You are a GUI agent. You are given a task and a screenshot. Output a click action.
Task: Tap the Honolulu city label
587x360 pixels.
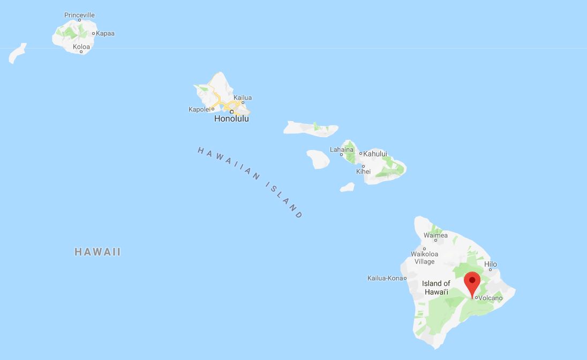(231, 118)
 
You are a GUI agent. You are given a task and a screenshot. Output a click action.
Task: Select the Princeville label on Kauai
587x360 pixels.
(79, 15)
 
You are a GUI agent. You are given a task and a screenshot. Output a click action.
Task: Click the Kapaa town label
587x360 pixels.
(105, 33)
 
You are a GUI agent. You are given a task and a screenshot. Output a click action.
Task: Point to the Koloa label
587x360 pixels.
(81, 47)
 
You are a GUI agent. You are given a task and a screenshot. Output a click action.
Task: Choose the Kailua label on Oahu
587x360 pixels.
(243, 97)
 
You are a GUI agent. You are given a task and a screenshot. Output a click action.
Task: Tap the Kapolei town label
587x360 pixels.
(199, 109)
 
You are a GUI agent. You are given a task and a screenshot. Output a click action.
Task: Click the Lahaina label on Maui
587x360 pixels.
(342, 149)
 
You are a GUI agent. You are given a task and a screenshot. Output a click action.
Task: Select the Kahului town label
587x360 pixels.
(375, 154)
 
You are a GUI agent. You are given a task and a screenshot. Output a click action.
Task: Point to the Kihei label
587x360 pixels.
(363, 171)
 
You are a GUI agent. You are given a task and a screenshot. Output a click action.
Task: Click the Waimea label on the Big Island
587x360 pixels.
(435, 235)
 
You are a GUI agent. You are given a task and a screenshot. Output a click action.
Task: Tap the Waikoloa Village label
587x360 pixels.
(424, 258)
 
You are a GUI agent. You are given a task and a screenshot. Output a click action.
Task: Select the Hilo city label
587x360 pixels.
(491, 264)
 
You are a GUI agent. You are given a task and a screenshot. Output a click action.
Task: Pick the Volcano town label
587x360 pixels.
(491, 298)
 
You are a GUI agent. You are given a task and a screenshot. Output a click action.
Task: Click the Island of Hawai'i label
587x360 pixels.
(436, 288)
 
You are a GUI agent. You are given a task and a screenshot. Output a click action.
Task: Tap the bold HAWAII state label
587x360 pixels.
(97, 252)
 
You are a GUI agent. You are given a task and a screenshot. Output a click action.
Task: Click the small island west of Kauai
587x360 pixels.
(17, 54)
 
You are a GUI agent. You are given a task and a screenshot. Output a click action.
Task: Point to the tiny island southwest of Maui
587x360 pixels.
(347, 187)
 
